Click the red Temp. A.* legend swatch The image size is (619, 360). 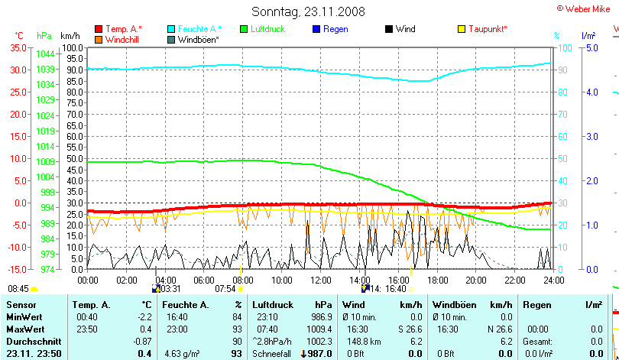pos(99,29)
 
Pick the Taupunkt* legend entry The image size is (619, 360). pos(486,29)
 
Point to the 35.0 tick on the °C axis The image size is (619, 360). pos(18,47)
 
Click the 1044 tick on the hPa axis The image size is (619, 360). pos(45,54)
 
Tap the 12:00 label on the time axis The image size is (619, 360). pos(321,280)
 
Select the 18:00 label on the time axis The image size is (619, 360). pos(437,280)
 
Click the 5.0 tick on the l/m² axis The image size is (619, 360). pos(590,47)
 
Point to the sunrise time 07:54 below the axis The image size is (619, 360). pos(225,289)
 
